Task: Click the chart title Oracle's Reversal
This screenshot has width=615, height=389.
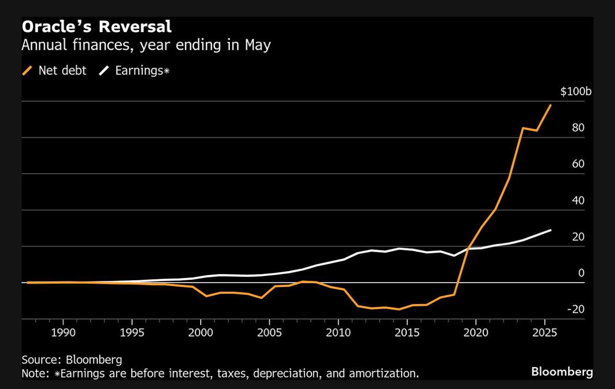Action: click(96, 27)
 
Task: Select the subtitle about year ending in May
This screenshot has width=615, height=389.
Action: click(146, 46)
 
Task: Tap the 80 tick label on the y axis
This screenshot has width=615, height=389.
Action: click(578, 127)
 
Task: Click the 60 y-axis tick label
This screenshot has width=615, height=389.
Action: click(578, 164)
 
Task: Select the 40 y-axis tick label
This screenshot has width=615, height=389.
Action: click(578, 200)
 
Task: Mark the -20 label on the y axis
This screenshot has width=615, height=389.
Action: click(576, 309)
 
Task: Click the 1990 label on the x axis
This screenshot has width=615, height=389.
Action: click(63, 332)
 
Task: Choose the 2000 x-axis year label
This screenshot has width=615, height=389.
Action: click(201, 332)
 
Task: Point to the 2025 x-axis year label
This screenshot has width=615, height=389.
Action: click(545, 332)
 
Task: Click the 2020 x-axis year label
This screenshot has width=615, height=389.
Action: click(476, 332)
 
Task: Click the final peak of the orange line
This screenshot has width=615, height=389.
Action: click(550, 105)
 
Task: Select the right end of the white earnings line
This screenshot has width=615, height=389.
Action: click(550, 230)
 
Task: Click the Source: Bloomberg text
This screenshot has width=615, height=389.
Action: click(72, 359)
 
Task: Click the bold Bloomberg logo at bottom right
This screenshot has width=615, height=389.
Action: click(562, 372)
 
